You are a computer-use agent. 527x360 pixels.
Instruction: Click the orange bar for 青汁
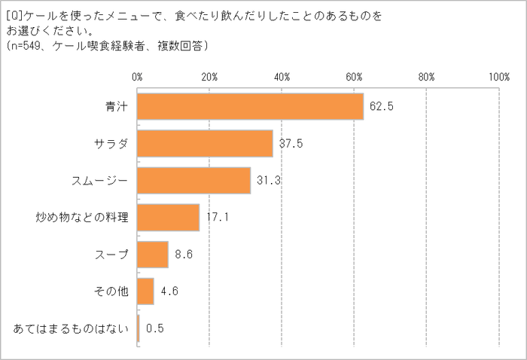[x=250, y=106]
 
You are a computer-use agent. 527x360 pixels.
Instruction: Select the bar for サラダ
[x=205, y=143]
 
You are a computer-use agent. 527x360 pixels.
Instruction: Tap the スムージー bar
[x=193, y=180]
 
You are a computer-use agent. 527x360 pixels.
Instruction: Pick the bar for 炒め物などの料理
[x=168, y=218]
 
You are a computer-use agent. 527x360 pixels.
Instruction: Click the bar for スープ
[x=153, y=255]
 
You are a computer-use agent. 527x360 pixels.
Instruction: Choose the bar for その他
[x=145, y=291]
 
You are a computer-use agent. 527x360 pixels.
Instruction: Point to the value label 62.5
[x=382, y=106]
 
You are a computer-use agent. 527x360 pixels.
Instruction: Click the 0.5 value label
[x=156, y=328]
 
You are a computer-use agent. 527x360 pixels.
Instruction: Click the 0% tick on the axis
[x=138, y=77]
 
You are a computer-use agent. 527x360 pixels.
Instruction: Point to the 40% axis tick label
[x=282, y=77]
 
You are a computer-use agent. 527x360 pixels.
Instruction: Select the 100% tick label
[x=498, y=77]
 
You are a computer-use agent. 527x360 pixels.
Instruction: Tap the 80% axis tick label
[x=426, y=77]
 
